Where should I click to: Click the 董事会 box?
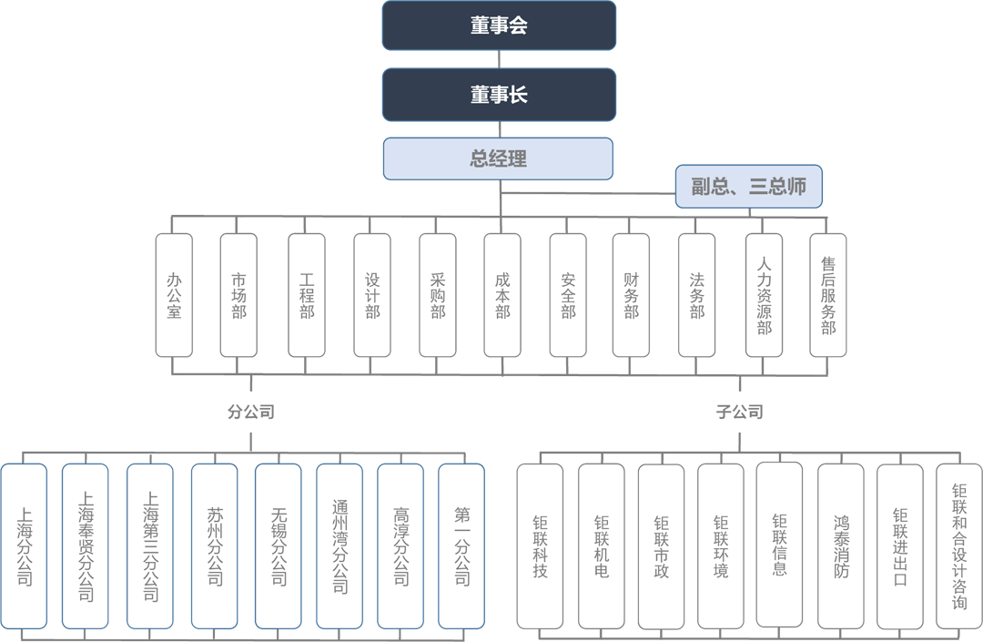pyautogui.click(x=499, y=25)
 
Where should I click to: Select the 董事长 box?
pyautogui.click(x=499, y=95)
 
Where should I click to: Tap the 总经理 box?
pyautogui.click(x=498, y=158)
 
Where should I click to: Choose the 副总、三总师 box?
pyautogui.click(x=749, y=188)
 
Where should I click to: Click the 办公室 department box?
pyautogui.click(x=174, y=295)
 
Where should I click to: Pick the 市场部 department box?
pyautogui.click(x=238, y=295)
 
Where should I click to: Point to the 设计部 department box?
pyautogui.click(x=372, y=295)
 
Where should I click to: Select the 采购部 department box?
pyautogui.click(x=438, y=295)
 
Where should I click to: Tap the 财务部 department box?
pyautogui.click(x=631, y=295)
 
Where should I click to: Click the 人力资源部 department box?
pyautogui.click(x=765, y=295)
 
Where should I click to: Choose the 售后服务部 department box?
pyautogui.click(x=828, y=295)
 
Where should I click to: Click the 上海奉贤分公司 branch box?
pyautogui.click(x=86, y=546)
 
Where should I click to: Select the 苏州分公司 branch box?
pyautogui.click(x=215, y=546)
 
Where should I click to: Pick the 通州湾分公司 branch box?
pyautogui.click(x=339, y=546)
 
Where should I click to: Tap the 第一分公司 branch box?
pyautogui.click(x=462, y=546)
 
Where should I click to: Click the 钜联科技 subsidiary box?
pyautogui.click(x=541, y=546)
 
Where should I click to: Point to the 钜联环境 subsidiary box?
pyautogui.click(x=721, y=546)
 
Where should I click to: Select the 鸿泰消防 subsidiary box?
pyautogui.click(x=841, y=546)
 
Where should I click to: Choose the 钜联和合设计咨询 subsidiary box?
pyautogui.click(x=959, y=546)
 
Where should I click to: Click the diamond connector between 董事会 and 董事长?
pyautogui.click(x=498, y=60)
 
